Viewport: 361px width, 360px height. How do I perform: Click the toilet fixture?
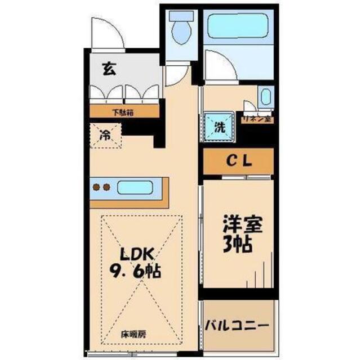pyautogui.click(x=181, y=29)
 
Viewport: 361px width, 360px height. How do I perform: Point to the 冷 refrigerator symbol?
pyautogui.click(x=105, y=134)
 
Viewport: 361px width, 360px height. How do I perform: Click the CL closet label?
pyautogui.click(x=238, y=160)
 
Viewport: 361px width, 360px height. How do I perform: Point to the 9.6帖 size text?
pyautogui.click(x=135, y=271)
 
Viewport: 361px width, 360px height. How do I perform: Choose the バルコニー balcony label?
pyautogui.click(x=237, y=325)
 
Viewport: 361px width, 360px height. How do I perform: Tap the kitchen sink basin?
pyautogui.click(x=137, y=187)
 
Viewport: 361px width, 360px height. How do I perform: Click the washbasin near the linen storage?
pyautogui.click(x=265, y=97)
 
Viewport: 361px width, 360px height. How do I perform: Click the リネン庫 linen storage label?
pyautogui.click(x=257, y=119)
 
